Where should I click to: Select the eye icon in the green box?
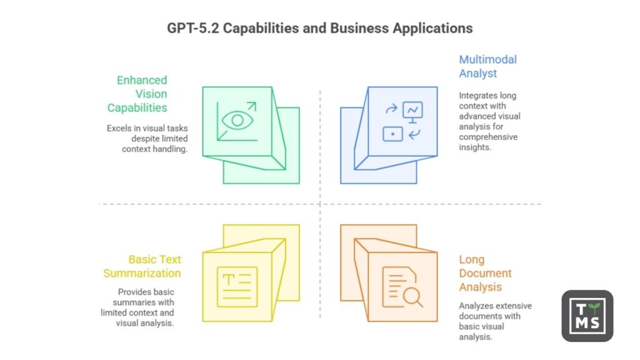[x=238, y=120]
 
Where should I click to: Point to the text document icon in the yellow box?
[x=237, y=287]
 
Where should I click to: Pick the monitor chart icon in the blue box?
[x=412, y=110]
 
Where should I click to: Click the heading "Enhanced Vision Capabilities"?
[x=137, y=94]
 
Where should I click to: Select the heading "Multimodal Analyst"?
[x=487, y=66]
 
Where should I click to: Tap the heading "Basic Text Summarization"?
[x=143, y=266]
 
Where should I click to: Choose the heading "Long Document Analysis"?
[x=485, y=273]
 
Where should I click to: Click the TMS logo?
[x=587, y=316]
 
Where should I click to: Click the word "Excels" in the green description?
[x=119, y=129]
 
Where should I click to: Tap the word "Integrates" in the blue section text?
[x=479, y=96]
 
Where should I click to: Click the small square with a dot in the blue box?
[x=392, y=133]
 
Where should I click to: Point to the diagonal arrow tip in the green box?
[x=254, y=104]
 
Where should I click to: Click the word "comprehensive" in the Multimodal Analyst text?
[x=489, y=137]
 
